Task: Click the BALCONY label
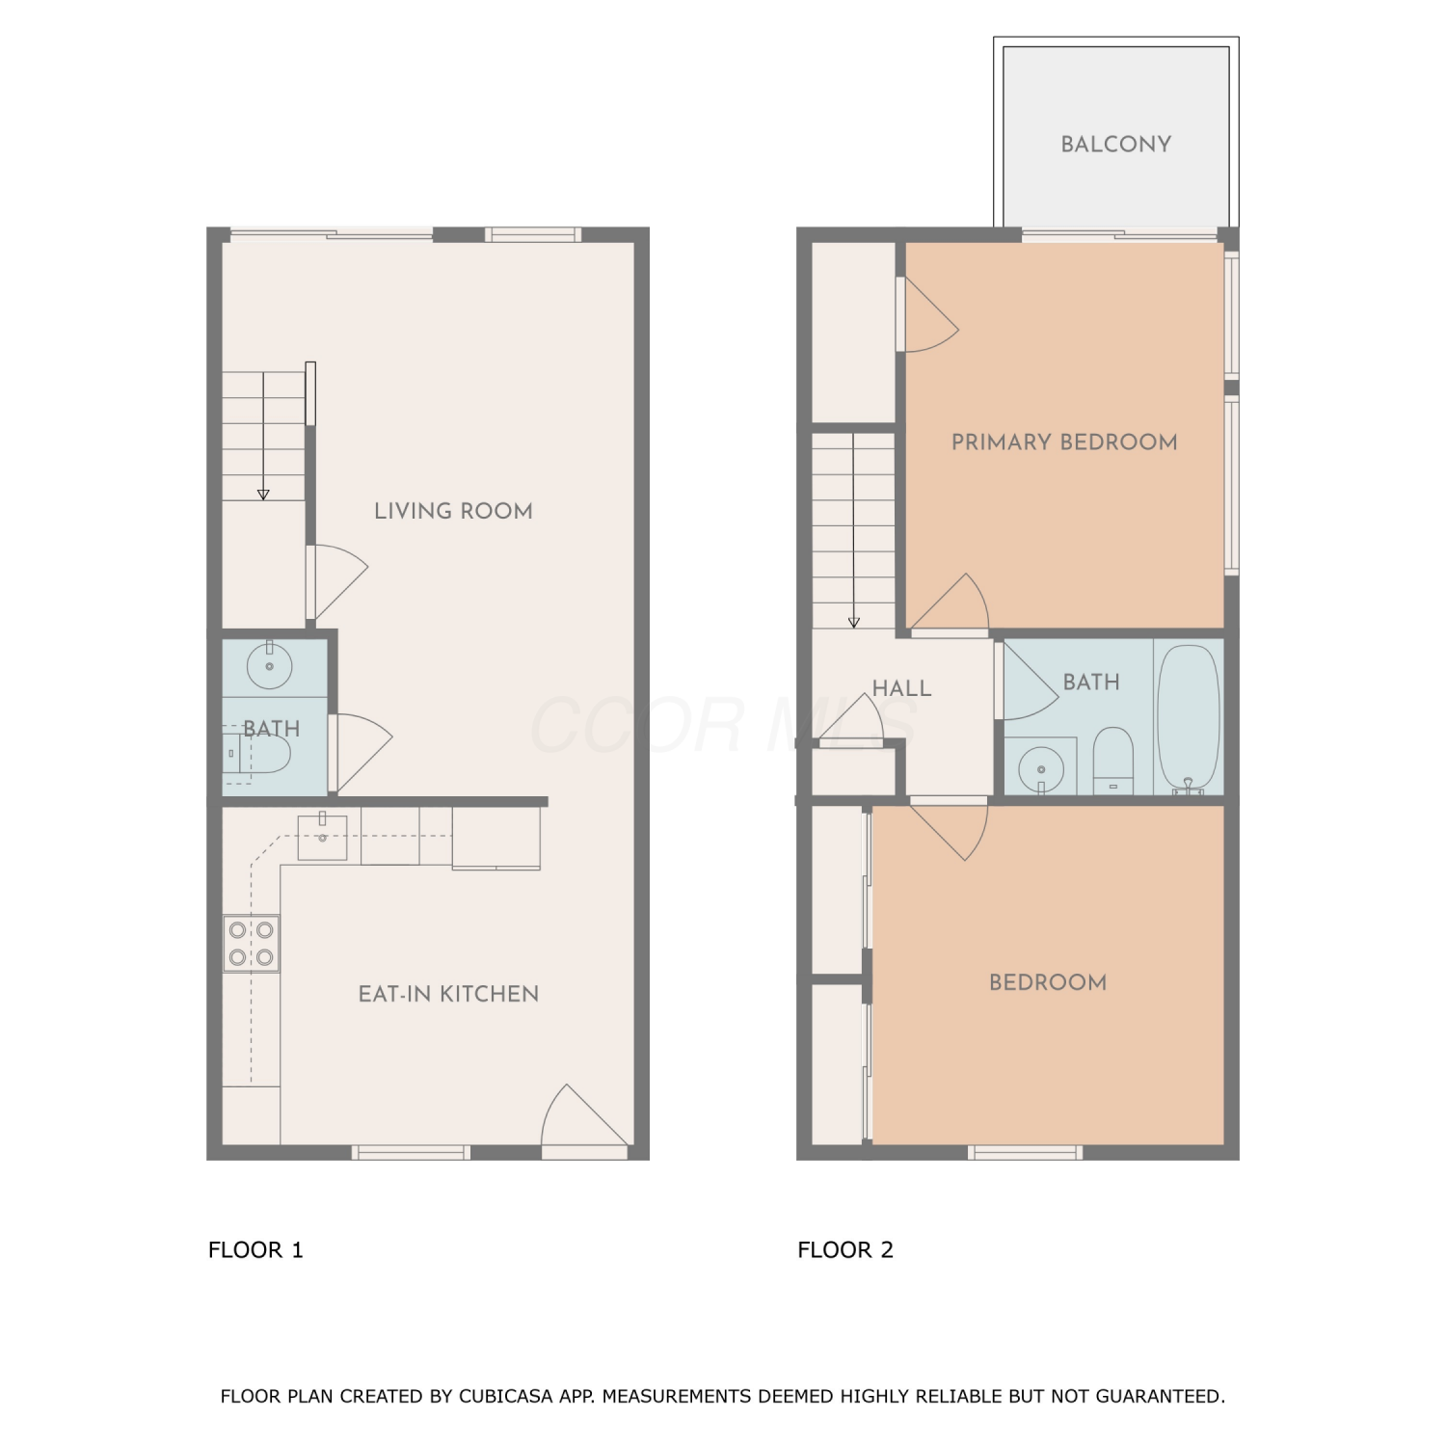pos(1115,145)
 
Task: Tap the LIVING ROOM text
pos(453,511)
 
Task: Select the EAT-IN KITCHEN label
pos(448,994)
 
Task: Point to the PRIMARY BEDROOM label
pos(1064,442)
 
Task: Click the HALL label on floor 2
pos(901,688)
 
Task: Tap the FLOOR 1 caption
pos(255,1250)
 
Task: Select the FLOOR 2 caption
pos(845,1250)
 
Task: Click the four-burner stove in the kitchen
pos(251,944)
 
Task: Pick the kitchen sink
pos(322,835)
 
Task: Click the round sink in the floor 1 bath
pos(269,664)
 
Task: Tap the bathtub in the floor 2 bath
pos(1189,719)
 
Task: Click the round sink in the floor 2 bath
pos(1041,769)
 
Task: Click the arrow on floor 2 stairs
pos(854,531)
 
